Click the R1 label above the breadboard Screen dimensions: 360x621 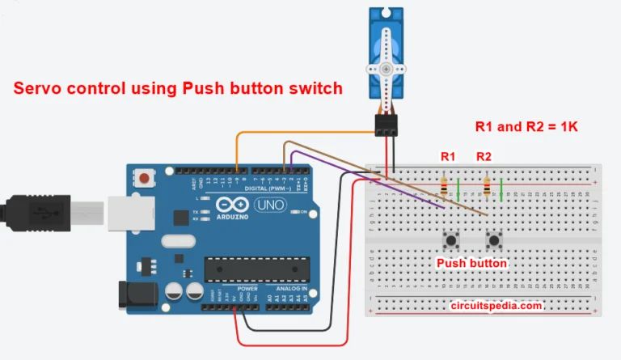[448, 155]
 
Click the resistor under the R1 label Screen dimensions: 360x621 [443, 188]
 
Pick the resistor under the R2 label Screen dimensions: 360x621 [486, 188]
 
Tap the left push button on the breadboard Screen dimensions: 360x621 [450, 239]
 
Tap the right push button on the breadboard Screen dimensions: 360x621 [493, 239]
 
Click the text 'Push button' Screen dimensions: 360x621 [472, 263]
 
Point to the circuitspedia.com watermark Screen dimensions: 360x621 [496, 306]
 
